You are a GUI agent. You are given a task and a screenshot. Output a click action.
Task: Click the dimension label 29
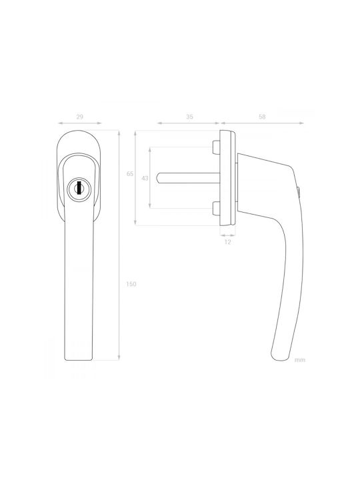pos(79,117)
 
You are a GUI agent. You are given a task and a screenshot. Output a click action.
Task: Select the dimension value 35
pos(189,117)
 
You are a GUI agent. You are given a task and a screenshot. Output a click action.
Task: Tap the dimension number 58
pos(262,117)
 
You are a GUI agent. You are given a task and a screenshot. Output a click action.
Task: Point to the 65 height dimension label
pos(130,174)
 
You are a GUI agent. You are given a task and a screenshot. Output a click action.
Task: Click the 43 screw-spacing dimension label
pos(145,178)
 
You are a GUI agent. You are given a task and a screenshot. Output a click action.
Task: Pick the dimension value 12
pos(227,242)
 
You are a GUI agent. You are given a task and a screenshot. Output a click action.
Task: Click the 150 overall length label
pos(131,284)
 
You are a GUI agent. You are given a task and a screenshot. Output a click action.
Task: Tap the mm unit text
pos(300,360)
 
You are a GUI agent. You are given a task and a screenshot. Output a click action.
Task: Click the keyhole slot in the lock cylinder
pos(79,187)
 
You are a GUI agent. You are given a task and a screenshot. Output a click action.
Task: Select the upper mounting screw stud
pos(216,147)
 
